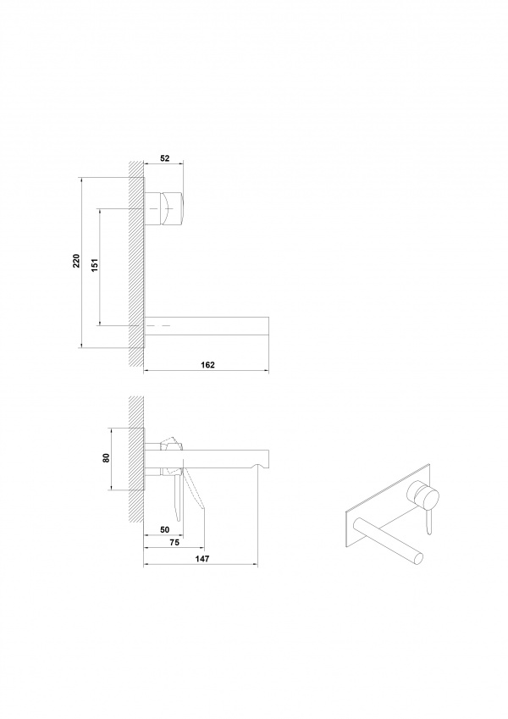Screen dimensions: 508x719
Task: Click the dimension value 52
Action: click(165, 158)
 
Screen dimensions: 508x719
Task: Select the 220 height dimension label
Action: click(76, 260)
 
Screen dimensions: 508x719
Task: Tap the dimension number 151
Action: click(95, 264)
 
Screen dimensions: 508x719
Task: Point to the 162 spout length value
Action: click(207, 365)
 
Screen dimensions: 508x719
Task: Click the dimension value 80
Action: click(106, 457)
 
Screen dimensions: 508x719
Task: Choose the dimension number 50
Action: click(165, 529)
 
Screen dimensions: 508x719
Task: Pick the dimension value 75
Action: click(174, 543)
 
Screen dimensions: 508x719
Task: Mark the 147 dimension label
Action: click(202, 559)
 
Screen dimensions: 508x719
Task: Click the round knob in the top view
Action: click(164, 208)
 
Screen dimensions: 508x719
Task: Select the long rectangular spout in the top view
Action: click(207, 326)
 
